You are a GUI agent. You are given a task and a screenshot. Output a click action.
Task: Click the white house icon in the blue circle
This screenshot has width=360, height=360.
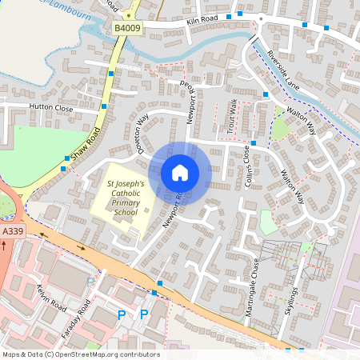[x=180, y=173]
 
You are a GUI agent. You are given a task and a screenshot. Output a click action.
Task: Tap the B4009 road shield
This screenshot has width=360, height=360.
[x=126, y=28]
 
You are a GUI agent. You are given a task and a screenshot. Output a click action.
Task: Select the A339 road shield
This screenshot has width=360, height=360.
[x=12, y=231]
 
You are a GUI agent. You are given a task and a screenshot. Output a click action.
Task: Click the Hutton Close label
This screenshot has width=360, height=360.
[x=51, y=106]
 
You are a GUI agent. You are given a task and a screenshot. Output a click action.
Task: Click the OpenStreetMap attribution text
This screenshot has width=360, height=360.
[x=81, y=354]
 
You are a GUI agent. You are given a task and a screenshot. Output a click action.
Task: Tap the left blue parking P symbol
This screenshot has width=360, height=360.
[x=122, y=315]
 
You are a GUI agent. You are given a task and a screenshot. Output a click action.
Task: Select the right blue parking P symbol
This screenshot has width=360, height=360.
[x=144, y=315]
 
